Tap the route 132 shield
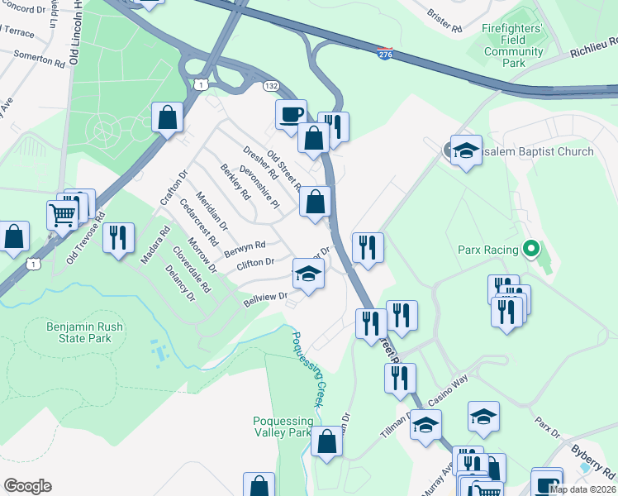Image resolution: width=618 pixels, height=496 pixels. (x=270, y=86)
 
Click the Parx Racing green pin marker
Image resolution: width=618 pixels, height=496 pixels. (x=531, y=248)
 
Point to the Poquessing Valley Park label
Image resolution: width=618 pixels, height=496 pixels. (x=283, y=427)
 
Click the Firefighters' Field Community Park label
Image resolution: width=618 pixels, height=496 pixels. (x=513, y=45)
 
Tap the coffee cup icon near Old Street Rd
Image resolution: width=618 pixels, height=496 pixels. (x=291, y=115)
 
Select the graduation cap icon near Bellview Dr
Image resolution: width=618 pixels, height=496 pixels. (x=307, y=274)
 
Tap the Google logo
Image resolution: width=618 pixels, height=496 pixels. (x=27, y=486)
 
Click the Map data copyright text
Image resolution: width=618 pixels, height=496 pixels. (x=582, y=489)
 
